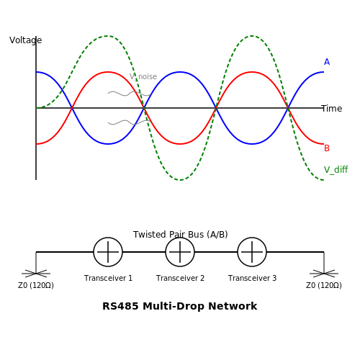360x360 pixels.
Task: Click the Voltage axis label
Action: tap(26, 40)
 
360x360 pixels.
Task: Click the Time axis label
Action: tap(332, 109)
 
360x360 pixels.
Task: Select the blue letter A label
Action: tap(327, 62)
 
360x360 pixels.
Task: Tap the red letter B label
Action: tap(327, 148)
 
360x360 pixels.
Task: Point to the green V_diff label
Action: tap(336, 170)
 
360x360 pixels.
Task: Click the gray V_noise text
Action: tap(143, 77)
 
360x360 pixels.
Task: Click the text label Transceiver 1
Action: tap(108, 278)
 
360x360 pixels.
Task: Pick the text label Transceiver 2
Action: tap(180, 278)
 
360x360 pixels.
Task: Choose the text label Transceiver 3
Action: tap(252, 278)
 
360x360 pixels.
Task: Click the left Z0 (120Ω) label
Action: tap(36, 285)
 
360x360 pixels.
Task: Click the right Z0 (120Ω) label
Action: tap(324, 285)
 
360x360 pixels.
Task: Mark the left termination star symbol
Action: tap(36, 274)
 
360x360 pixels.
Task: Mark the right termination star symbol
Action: tap(324, 274)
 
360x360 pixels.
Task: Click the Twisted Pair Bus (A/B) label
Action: tap(181, 235)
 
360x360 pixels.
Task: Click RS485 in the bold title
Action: tap(120, 306)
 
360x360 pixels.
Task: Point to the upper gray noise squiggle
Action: tap(130, 94)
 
